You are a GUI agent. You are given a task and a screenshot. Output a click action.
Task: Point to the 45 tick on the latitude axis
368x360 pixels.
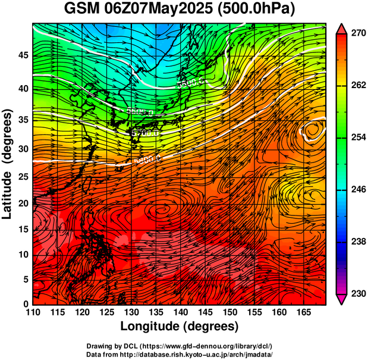(21, 55)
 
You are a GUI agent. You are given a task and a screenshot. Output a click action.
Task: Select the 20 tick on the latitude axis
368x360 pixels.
(21, 203)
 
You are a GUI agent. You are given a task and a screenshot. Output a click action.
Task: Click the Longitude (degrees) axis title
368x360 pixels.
(180, 326)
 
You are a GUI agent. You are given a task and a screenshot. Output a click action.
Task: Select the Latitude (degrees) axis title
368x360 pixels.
(8, 164)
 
